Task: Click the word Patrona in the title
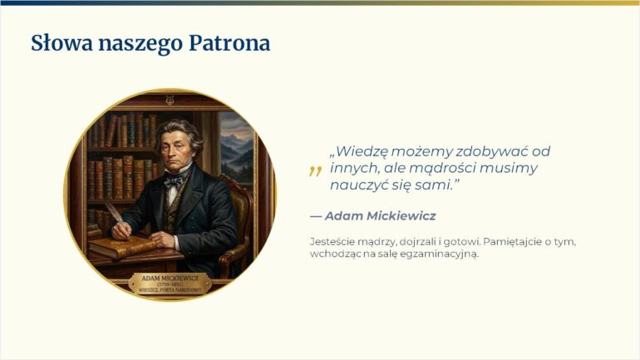pos(229,43)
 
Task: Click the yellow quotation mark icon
pos(315,170)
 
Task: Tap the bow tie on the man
pos(175,180)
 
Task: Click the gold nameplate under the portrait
pos(170,284)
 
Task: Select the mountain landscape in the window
pos(237,147)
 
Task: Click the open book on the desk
pos(121,246)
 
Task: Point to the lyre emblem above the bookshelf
pos(170,100)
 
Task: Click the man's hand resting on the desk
pos(161,239)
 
